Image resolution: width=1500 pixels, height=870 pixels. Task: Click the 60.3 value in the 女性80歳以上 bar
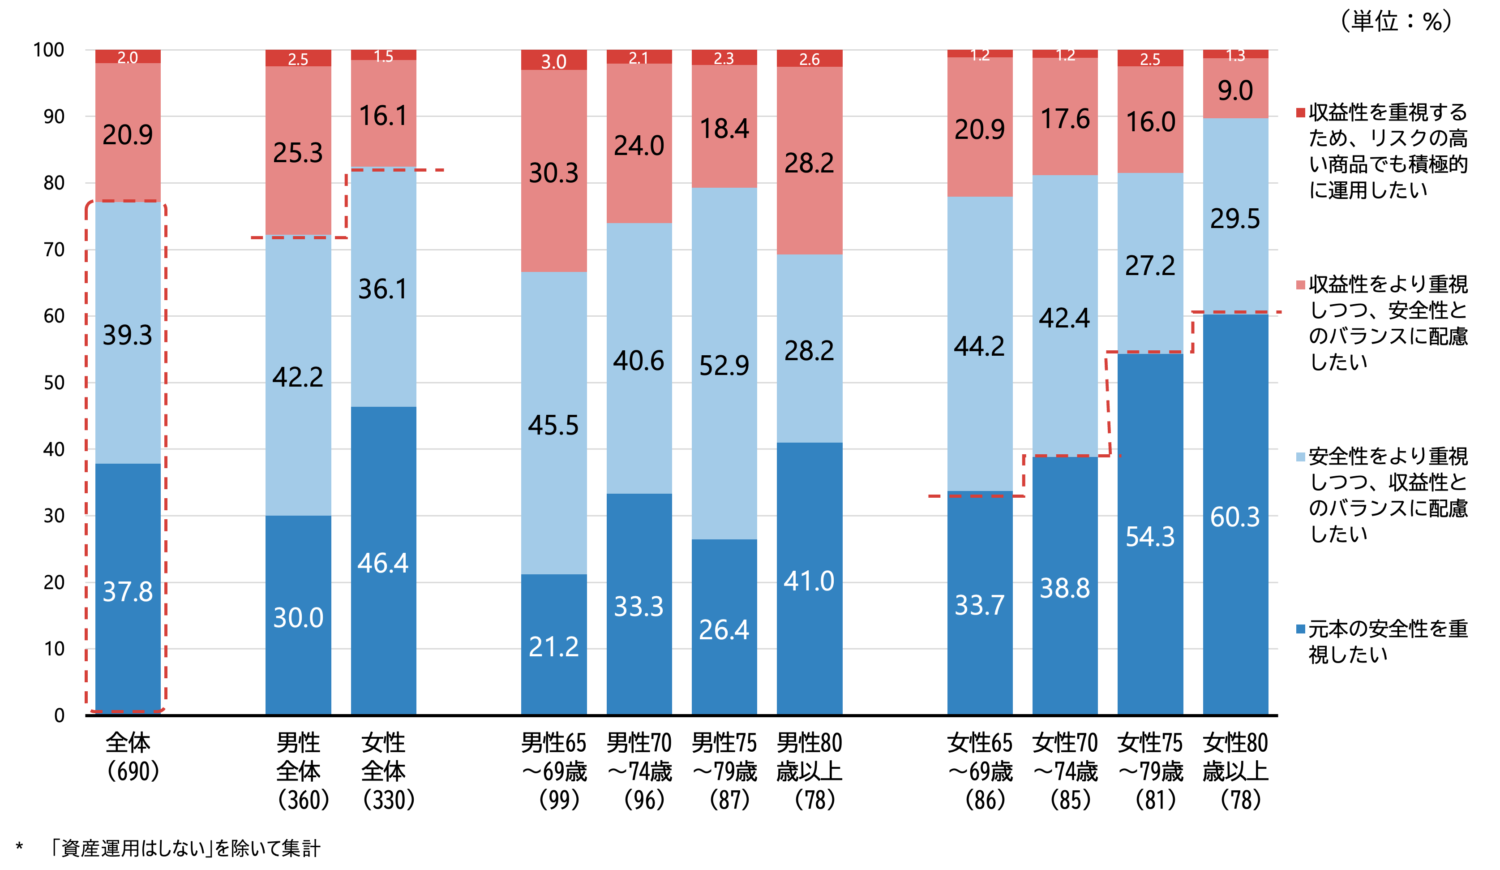pos(1234,517)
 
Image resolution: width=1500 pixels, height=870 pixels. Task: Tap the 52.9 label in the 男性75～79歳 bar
pos(724,366)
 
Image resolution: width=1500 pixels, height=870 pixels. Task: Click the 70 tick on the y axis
pos(54,250)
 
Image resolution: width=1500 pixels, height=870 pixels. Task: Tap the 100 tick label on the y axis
pos(49,50)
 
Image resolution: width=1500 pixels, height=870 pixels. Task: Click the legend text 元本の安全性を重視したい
pos(1387,642)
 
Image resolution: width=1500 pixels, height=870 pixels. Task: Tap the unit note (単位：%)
pos(1395,22)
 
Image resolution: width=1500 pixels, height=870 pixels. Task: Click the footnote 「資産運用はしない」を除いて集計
pos(184,848)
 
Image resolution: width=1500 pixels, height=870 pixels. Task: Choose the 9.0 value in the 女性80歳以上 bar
pos(1235,90)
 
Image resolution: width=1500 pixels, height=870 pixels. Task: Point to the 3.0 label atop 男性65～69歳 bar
pos(553,61)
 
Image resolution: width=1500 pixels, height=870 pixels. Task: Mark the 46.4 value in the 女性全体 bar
pos(383,563)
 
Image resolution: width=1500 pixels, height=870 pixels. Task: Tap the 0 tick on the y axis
pos(60,715)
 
